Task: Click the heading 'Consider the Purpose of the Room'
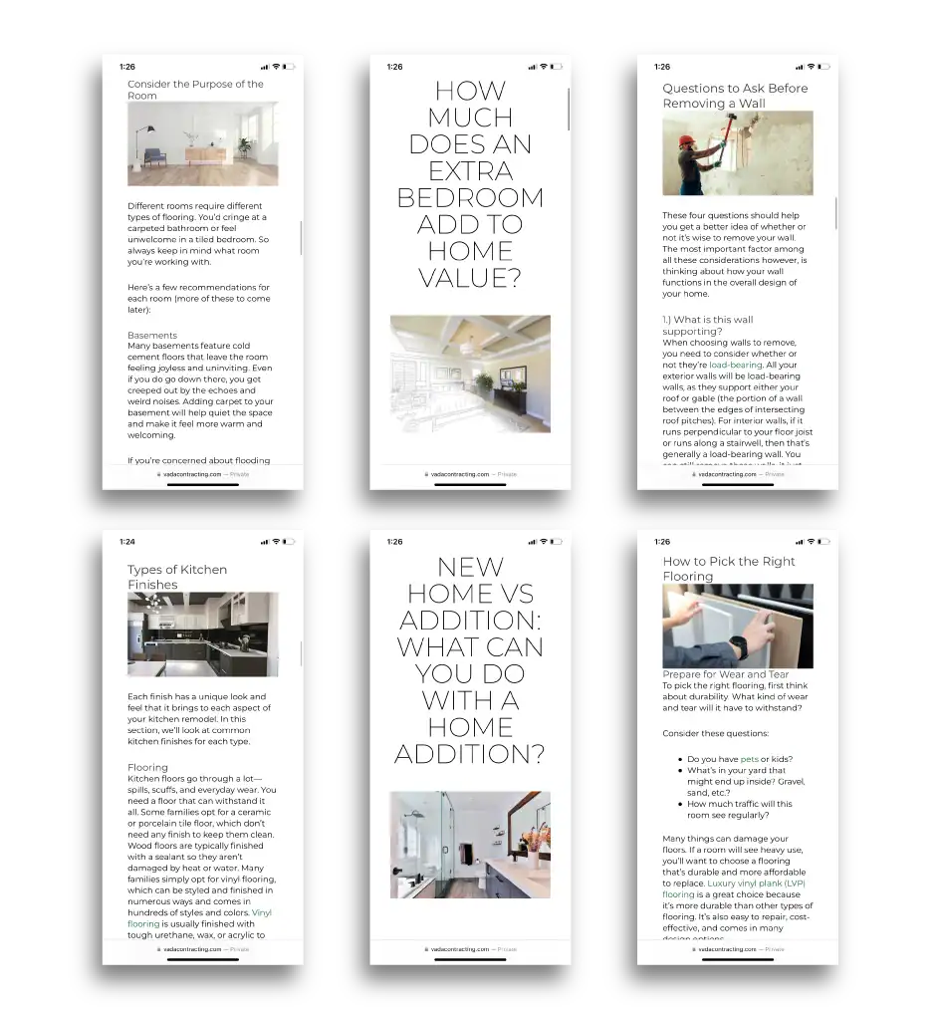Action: pyautogui.click(x=195, y=90)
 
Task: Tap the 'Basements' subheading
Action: pyautogui.click(x=152, y=336)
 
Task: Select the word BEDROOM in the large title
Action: pyautogui.click(x=470, y=197)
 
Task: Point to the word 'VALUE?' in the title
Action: pyautogui.click(x=470, y=278)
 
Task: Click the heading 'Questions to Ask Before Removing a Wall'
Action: pyautogui.click(x=735, y=96)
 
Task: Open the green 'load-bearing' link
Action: pyautogui.click(x=735, y=366)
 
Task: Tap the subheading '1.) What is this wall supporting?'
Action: pyautogui.click(x=707, y=326)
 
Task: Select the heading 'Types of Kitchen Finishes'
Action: pyautogui.click(x=177, y=577)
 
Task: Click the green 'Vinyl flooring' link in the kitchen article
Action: pyautogui.click(x=262, y=912)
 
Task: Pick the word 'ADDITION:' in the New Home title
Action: pyautogui.click(x=470, y=620)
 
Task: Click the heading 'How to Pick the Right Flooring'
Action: pyautogui.click(x=729, y=569)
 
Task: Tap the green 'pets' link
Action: pyautogui.click(x=749, y=759)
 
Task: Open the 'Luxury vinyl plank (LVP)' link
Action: pyautogui.click(x=756, y=883)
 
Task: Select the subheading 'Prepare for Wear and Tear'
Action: pyautogui.click(x=725, y=674)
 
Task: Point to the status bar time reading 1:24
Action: pyautogui.click(x=126, y=542)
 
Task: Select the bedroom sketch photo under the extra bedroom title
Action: pyautogui.click(x=470, y=374)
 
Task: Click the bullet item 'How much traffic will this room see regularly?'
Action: pyautogui.click(x=739, y=809)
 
